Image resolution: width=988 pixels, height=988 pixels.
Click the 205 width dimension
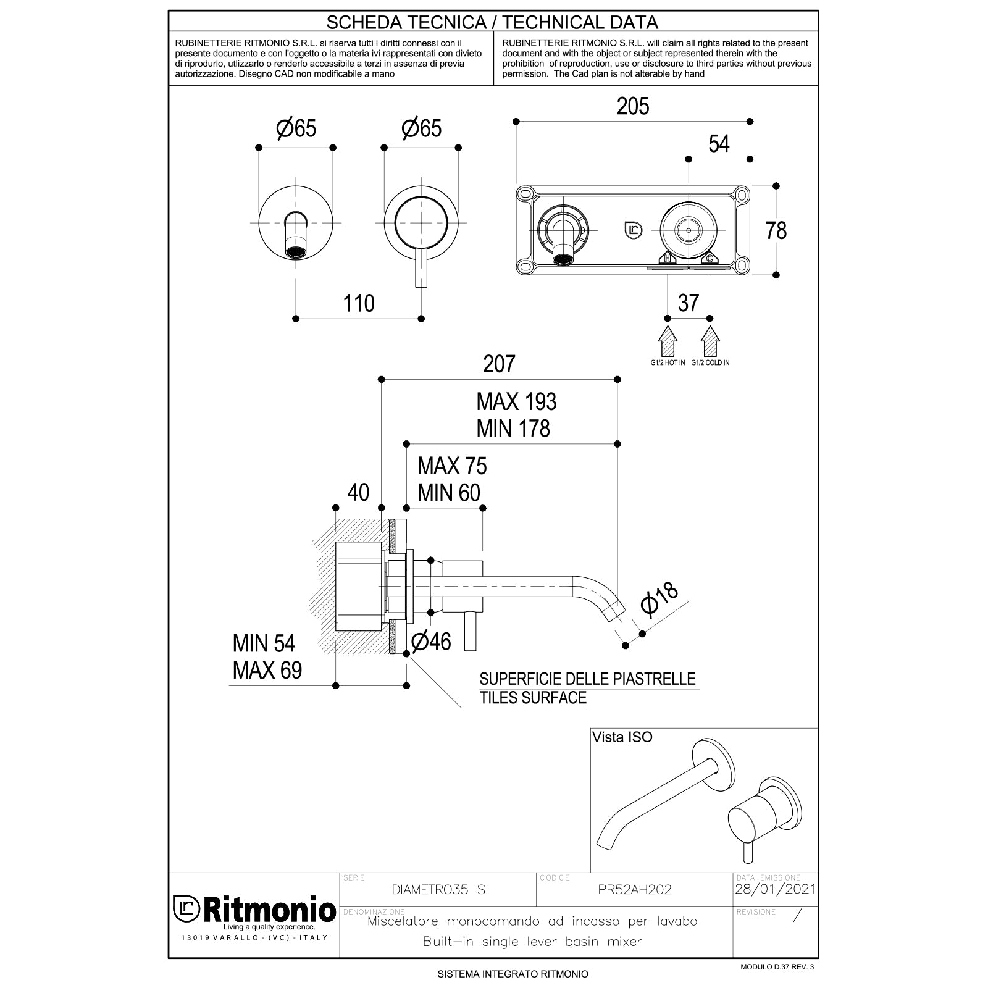pyautogui.click(x=633, y=107)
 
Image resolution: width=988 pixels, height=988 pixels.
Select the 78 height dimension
pyautogui.click(x=776, y=230)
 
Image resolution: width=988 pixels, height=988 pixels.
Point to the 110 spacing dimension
pyautogui.click(x=359, y=303)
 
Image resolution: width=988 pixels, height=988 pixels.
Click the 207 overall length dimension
pyautogui.click(x=499, y=364)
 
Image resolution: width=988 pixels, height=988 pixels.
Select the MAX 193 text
pyautogui.click(x=516, y=402)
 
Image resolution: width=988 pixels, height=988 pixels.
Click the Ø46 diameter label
pyautogui.click(x=431, y=642)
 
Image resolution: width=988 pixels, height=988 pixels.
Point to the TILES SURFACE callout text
pyautogui.click(x=533, y=698)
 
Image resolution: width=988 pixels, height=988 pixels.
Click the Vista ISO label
pyautogui.click(x=622, y=737)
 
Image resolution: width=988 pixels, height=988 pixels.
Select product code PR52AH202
pyautogui.click(x=635, y=890)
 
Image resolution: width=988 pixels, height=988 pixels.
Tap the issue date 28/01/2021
pyautogui.click(x=775, y=889)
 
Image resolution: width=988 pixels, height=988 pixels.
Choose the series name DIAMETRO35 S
pyautogui.click(x=438, y=890)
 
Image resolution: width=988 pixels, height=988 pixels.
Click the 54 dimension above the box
pyautogui.click(x=719, y=144)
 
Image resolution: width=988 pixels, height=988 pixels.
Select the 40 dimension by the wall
pyautogui.click(x=358, y=492)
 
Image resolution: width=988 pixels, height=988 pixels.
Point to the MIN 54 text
pyautogui.click(x=264, y=643)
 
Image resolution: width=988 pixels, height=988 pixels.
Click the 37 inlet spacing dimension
pyautogui.click(x=688, y=303)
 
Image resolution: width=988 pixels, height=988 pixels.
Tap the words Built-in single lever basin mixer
pyautogui.click(x=532, y=942)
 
